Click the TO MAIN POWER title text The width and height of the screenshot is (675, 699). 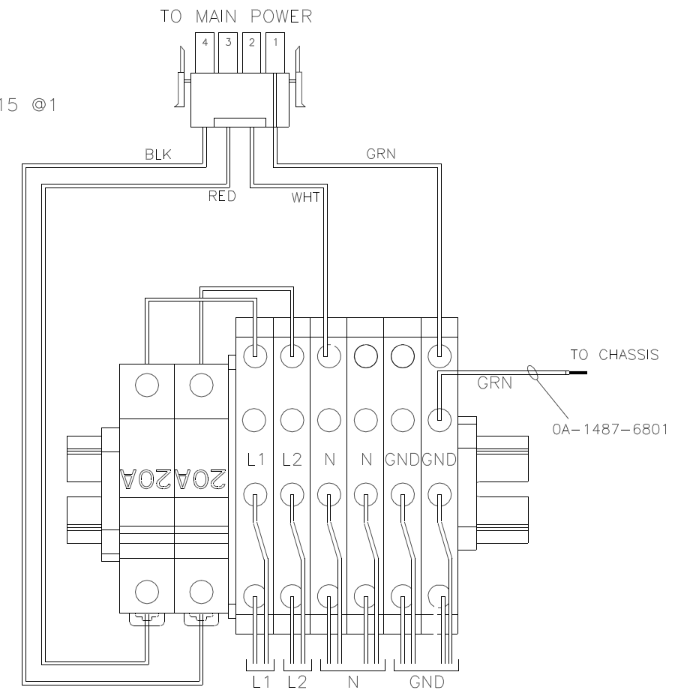click(x=235, y=17)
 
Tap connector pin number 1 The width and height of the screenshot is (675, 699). click(x=274, y=43)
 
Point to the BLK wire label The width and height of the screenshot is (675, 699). click(x=158, y=155)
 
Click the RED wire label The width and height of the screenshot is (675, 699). click(x=222, y=197)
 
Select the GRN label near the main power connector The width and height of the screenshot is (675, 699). click(x=380, y=155)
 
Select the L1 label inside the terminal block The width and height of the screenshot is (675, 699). click(x=256, y=460)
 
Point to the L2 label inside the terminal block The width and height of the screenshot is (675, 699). click(x=292, y=460)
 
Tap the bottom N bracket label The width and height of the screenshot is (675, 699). click(x=352, y=682)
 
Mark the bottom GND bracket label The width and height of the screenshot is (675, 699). click(x=426, y=682)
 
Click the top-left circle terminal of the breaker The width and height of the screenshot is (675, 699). click(x=148, y=385)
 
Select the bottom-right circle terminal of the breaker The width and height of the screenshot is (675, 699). click(x=201, y=590)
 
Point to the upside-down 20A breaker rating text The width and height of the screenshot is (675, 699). click(x=175, y=476)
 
